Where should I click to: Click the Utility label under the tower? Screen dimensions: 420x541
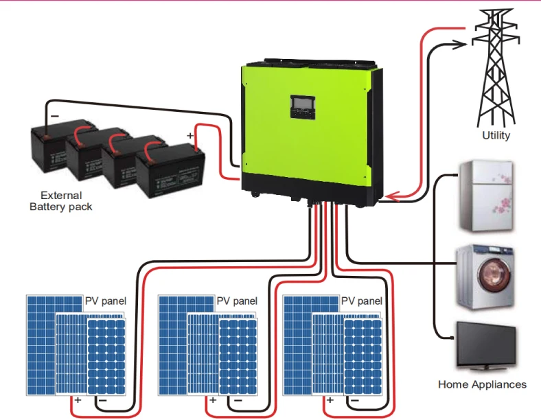pos(496,135)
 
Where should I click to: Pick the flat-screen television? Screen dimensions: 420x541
pos(486,347)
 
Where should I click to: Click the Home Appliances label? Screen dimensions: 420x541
pos(482,384)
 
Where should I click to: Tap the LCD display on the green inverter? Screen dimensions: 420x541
pos(303,105)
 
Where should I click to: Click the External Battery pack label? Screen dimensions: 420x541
pos(60,201)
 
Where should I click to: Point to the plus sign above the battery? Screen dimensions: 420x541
pos(190,136)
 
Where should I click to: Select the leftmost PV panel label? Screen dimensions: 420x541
pos(106,301)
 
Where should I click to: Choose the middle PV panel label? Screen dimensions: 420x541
pos(237,301)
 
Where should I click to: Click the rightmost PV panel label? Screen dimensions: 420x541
pos(362,301)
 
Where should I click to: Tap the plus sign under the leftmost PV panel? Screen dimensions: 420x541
pos(78,399)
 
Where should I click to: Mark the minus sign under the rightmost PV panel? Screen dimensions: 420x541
pos(356,399)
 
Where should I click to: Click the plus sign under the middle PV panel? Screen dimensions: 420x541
pos(212,399)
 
